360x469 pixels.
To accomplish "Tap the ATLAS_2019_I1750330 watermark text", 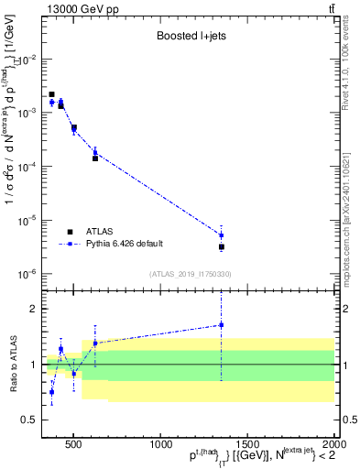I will (190, 274).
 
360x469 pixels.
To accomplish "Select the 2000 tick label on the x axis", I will (333, 442).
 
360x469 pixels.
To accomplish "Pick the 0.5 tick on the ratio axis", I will (30, 420).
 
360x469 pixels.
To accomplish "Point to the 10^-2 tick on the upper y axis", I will (27, 59).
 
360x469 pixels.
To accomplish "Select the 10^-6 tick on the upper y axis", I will (27, 274).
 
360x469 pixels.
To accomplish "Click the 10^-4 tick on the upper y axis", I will (27, 167).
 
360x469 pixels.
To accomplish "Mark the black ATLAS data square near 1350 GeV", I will (221, 247).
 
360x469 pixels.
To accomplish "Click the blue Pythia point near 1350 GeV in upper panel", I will (221, 235).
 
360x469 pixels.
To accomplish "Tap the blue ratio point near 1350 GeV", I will (221, 325).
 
